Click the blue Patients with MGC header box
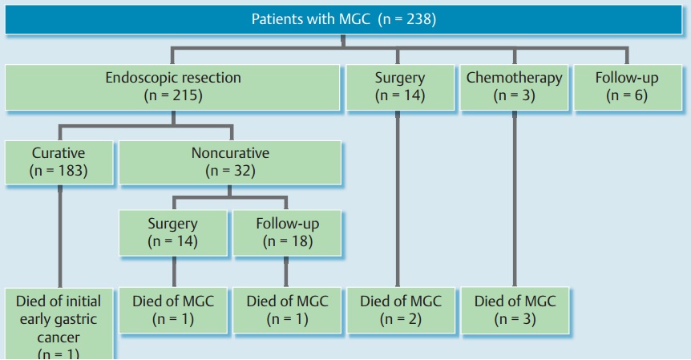tap(343, 19)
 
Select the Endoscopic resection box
tap(172, 87)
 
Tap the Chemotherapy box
tap(514, 87)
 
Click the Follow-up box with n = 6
tap(628, 87)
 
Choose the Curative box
tap(59, 162)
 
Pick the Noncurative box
tap(230, 162)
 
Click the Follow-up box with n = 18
tap(287, 233)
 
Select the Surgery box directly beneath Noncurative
tap(173, 233)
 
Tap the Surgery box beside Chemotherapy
tap(400, 87)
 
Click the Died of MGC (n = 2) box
tap(401, 310)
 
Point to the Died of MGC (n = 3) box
tap(515, 310)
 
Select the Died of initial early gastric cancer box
tap(59, 324)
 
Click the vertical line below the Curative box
tap(60, 237)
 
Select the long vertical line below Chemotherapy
tap(515, 199)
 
